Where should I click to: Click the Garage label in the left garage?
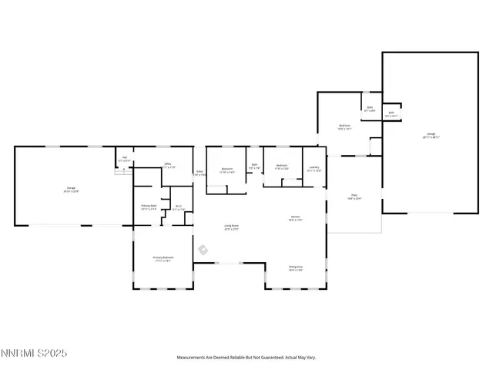pyautogui.click(x=71, y=189)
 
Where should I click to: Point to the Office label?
pyautogui.click(x=167, y=165)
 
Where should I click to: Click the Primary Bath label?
pyautogui.click(x=149, y=207)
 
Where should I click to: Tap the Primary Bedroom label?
pyautogui.click(x=162, y=259)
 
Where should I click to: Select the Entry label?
pyautogui.click(x=199, y=173)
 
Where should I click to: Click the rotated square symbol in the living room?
pyautogui.click(x=203, y=249)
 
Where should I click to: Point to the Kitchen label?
pyautogui.click(x=295, y=218)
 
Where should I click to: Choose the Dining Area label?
pyautogui.click(x=295, y=268)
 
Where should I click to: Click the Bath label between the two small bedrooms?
pyautogui.click(x=254, y=166)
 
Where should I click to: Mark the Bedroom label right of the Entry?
pyautogui.click(x=227, y=170)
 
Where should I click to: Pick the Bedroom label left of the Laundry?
pyautogui.click(x=282, y=166)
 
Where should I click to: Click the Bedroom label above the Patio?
pyautogui.click(x=345, y=127)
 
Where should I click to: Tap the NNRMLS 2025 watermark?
pyautogui.click(x=34, y=354)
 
